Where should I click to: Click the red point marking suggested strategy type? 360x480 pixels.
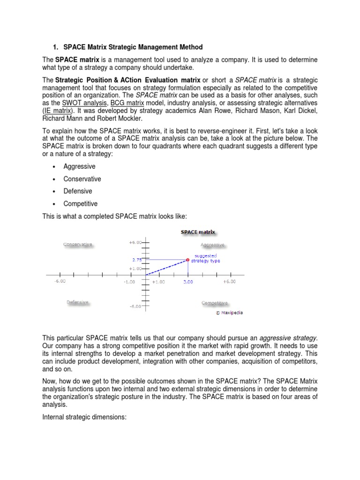[x=188, y=259]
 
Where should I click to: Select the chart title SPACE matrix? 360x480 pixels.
[x=198, y=232]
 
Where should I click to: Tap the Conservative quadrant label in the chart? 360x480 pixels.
[x=78, y=244]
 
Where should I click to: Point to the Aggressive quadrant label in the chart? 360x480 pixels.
[x=212, y=245]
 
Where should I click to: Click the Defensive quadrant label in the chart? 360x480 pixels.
[x=78, y=302]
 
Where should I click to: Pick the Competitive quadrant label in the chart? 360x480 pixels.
[x=214, y=303]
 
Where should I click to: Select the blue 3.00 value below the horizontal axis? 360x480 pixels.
[x=188, y=282]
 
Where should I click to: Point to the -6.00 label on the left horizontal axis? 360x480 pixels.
[x=60, y=281]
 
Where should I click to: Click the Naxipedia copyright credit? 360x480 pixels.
[x=229, y=312]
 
